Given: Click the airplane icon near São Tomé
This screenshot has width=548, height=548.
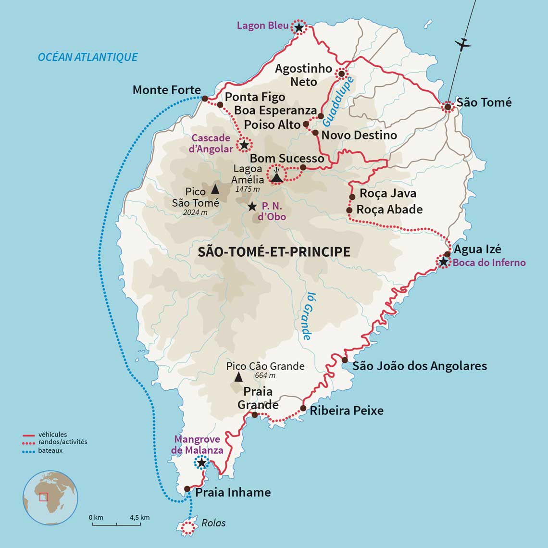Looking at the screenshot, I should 463,45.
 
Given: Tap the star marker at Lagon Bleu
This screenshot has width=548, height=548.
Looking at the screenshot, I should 299,28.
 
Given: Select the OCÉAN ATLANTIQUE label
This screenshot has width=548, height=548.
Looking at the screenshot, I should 87,57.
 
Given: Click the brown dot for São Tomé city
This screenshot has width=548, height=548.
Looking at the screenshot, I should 448,107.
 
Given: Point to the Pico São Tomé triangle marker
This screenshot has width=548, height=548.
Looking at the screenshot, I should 215,189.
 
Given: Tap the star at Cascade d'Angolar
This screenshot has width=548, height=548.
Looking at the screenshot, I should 244,144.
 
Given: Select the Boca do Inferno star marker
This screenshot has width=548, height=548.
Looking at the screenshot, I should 443,262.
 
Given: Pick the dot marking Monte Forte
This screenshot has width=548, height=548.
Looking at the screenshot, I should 205,99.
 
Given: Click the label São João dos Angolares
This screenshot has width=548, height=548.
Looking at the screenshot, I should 420,366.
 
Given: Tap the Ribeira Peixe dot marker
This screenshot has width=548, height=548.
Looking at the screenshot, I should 303,409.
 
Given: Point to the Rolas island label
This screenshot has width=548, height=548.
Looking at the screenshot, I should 213,523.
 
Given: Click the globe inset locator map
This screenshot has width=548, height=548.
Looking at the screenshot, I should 50,498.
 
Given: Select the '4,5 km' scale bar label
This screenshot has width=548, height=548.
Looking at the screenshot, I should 139,517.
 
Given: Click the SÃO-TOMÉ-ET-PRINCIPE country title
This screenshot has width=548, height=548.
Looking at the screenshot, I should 274,252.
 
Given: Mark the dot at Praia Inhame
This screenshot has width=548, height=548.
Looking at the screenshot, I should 187,489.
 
